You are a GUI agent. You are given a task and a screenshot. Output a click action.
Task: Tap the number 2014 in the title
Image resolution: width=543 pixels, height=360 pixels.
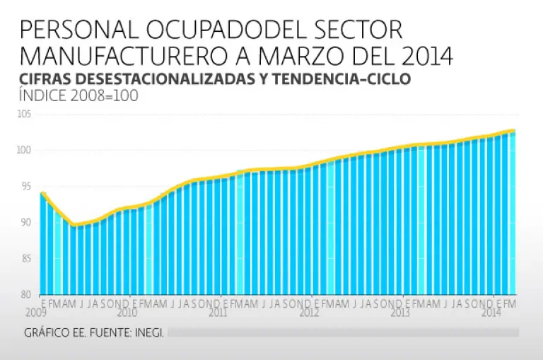[x=421, y=55]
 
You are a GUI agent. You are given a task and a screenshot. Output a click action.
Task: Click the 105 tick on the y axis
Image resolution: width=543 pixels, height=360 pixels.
[x=26, y=115]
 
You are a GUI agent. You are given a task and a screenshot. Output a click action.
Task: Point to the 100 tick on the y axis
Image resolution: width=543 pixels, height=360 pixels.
[x=26, y=150]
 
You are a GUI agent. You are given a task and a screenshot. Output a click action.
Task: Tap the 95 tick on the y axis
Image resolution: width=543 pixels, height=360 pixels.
[x=28, y=187]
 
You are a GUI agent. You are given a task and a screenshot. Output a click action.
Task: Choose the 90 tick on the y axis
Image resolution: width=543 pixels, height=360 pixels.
[x=28, y=223]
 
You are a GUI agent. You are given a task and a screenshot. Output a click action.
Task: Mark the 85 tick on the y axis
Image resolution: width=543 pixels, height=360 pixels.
[x=28, y=259]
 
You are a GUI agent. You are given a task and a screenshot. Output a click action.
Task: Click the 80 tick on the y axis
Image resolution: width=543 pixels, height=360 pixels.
[x=28, y=294]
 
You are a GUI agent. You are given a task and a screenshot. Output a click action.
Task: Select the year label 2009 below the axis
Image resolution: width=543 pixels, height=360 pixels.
[x=36, y=312]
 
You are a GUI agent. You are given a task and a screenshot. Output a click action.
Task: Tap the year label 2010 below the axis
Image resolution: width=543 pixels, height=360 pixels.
[x=127, y=312]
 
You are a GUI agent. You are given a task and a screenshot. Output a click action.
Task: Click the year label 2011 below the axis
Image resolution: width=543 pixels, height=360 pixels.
[x=218, y=312]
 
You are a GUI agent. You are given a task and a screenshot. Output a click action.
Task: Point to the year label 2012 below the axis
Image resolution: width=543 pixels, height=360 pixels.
[x=309, y=312]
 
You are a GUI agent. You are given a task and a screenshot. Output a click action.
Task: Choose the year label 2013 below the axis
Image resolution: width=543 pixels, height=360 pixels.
[x=400, y=312]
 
